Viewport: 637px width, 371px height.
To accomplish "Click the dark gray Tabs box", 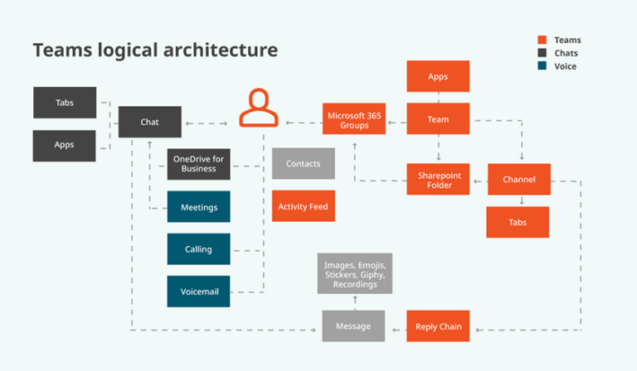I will click(x=65, y=103).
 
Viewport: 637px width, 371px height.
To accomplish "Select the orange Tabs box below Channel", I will click(x=518, y=222).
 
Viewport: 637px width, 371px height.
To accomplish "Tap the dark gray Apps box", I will click(x=65, y=145).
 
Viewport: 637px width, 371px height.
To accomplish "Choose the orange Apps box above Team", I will click(x=438, y=76).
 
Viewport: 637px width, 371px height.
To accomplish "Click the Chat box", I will click(x=149, y=122).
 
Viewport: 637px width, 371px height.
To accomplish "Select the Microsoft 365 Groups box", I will click(x=354, y=119).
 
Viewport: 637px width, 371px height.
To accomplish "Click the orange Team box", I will click(x=438, y=119).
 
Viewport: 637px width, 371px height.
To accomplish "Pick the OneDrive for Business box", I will click(x=198, y=163).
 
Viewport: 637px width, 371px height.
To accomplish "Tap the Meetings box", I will click(x=198, y=207).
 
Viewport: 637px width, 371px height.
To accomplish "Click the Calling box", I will click(x=198, y=249).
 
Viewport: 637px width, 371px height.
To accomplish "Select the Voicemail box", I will click(x=198, y=291).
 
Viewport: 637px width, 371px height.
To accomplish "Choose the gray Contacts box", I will click(x=303, y=164).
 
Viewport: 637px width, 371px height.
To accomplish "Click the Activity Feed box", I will click(x=303, y=206).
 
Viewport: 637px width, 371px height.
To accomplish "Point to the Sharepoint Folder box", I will click(x=438, y=179).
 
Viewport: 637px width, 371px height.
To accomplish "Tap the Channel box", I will click(x=518, y=179).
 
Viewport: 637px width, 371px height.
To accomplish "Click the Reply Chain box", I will click(x=438, y=326).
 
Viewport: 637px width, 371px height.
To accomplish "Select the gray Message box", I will click(x=353, y=326).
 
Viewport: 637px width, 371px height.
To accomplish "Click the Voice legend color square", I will click(x=542, y=66).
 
